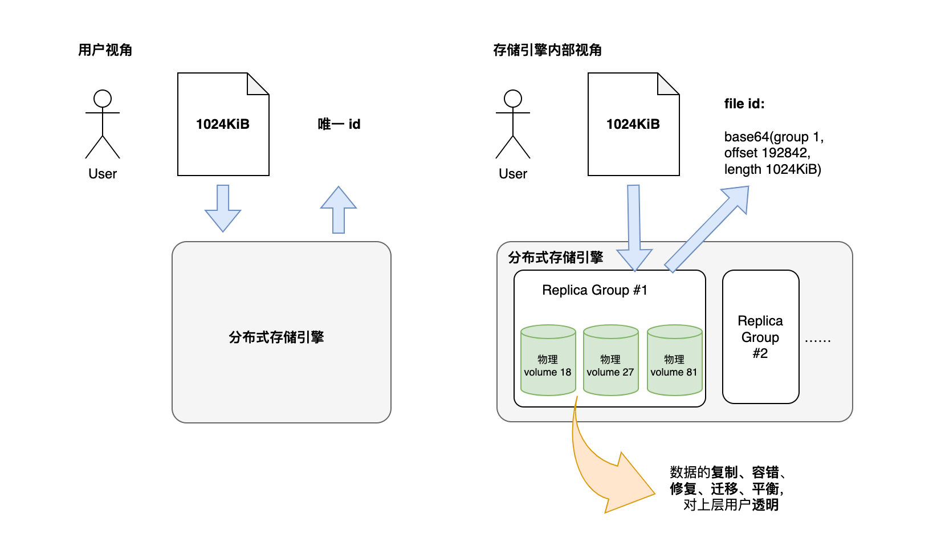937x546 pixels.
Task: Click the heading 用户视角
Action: tap(105, 50)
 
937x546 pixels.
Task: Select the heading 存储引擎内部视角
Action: tap(547, 50)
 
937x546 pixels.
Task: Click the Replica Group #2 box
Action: tap(760, 337)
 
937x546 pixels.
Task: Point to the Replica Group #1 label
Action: tap(594, 290)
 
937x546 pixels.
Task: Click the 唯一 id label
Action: tap(339, 124)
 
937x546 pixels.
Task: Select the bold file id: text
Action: tap(744, 104)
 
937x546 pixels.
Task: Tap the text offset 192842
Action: tap(767, 153)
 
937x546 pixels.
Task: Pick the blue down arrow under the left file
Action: tap(223, 208)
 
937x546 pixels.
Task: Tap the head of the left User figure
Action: tap(103, 99)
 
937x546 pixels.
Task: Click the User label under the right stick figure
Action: tap(513, 174)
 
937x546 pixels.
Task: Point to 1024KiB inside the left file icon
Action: tap(223, 124)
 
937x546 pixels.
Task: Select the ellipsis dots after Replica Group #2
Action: tap(817, 340)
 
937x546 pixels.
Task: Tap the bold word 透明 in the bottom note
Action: tap(765, 505)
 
